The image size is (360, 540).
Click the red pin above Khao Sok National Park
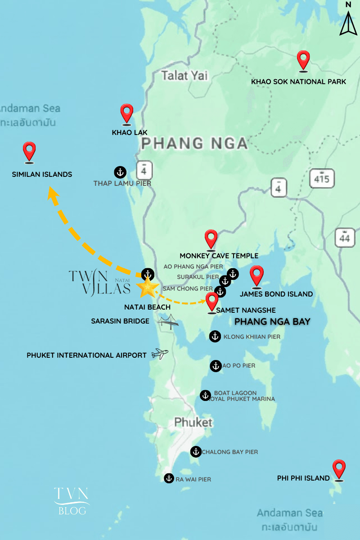click(x=304, y=60)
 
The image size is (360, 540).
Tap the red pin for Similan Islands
click(x=29, y=151)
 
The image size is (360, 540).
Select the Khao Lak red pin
click(x=127, y=113)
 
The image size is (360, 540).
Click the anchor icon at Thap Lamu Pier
click(x=120, y=171)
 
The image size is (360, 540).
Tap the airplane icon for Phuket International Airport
click(x=159, y=354)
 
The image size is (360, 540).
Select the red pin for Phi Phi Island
click(x=338, y=469)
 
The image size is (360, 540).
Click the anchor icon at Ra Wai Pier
click(x=169, y=478)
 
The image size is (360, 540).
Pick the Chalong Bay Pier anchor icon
click(x=196, y=451)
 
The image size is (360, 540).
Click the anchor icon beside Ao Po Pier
click(x=216, y=366)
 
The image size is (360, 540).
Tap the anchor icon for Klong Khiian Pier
click(x=215, y=336)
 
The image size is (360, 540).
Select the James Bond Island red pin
click(x=256, y=275)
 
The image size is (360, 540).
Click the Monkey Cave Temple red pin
click(x=211, y=239)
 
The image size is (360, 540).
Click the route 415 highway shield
click(x=322, y=179)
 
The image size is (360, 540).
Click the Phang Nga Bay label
click(x=273, y=322)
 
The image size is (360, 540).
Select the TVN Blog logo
click(x=72, y=500)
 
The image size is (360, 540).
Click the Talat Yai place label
click(x=184, y=76)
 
